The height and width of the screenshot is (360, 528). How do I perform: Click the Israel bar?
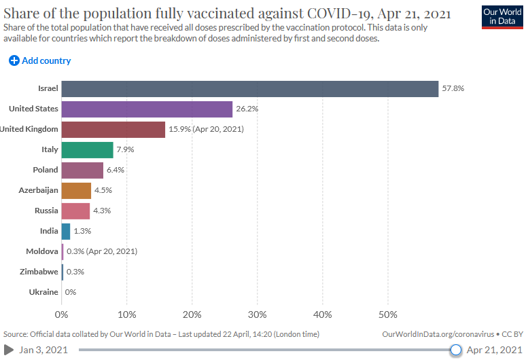[x=249, y=88]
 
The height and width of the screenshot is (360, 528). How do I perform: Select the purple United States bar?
[x=147, y=109]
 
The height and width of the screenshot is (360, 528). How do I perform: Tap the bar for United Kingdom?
[x=113, y=129]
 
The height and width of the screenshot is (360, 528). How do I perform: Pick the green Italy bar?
[x=87, y=149]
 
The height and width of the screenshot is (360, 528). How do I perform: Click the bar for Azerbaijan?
[x=76, y=190]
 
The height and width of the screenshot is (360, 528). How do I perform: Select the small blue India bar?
[x=66, y=231]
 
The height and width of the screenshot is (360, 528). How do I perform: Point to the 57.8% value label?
[x=453, y=88]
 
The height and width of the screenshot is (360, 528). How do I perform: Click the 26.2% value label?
[x=247, y=109]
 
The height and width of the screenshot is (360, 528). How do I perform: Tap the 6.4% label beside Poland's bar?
[x=116, y=170]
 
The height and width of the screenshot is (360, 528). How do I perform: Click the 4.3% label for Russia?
[x=101, y=211]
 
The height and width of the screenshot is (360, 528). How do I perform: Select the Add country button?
[x=40, y=60]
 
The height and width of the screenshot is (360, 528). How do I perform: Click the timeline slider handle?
[x=456, y=350]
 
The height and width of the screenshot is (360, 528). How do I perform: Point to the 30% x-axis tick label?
[x=257, y=314]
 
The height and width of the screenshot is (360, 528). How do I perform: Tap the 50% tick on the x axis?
[x=387, y=314]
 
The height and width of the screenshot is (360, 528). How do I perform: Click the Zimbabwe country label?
[x=38, y=272]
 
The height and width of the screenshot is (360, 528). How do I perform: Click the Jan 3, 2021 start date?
[x=44, y=350]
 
